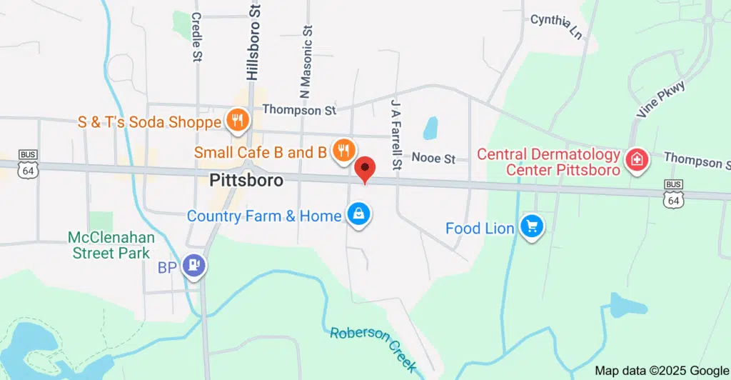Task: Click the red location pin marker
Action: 366,169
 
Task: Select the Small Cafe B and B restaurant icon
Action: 344,151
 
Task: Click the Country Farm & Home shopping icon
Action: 358,214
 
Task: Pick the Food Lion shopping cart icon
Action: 532,227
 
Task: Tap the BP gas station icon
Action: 193,266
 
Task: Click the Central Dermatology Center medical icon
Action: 635,161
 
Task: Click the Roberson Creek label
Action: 373,349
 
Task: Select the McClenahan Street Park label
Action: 109,244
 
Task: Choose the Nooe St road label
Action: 433,159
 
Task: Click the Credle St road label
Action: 197,35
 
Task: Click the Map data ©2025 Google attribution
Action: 661,371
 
